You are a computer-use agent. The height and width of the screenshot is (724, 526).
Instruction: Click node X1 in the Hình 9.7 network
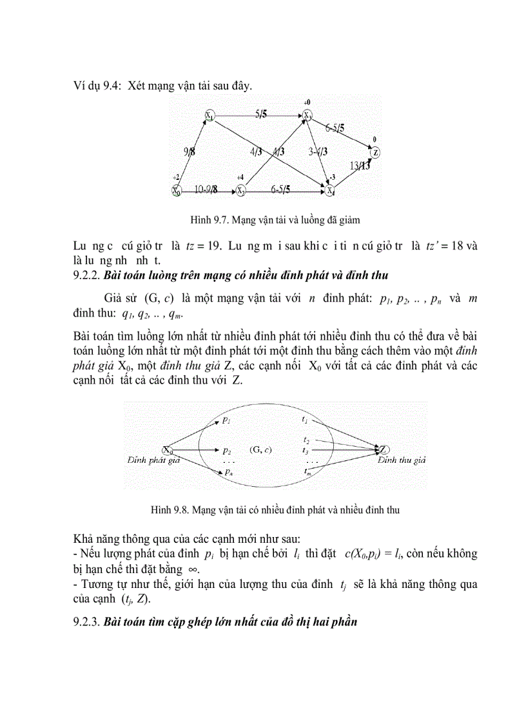coord(209,115)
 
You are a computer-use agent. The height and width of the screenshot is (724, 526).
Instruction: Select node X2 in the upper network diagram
coord(240,190)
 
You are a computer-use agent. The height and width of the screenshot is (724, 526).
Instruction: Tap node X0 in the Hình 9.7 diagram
coord(175,190)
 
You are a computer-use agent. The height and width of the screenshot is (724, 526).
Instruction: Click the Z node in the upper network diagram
coord(375,153)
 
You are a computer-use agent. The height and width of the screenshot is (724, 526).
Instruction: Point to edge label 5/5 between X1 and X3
coord(261,114)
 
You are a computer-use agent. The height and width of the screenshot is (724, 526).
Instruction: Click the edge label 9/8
coord(189,152)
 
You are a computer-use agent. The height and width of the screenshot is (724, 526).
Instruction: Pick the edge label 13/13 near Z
coord(360,166)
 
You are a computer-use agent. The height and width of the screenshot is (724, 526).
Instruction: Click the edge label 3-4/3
coord(318,152)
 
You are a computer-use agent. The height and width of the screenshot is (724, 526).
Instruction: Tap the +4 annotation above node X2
coord(240,177)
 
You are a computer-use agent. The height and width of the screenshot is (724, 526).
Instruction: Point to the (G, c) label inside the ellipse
coord(260,449)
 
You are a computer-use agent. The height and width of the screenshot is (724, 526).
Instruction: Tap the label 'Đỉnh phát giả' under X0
coord(153,460)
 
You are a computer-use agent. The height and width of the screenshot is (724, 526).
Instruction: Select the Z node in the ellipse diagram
coord(383,449)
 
